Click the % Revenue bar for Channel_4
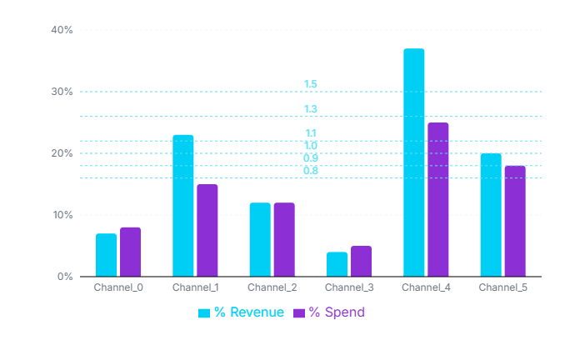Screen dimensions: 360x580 point(414,162)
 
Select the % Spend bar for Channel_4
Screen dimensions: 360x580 point(438,199)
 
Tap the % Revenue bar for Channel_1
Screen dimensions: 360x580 point(183,206)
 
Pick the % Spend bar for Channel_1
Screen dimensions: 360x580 point(207,230)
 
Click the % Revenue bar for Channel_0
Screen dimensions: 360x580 point(106,255)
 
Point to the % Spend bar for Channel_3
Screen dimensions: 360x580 point(361,261)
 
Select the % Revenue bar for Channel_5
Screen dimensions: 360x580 point(491,215)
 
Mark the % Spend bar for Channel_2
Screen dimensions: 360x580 point(284,239)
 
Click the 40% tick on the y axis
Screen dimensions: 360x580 point(62,30)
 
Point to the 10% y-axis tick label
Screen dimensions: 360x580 point(62,215)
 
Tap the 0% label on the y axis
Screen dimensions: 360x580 point(65,277)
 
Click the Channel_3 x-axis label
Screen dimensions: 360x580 point(350,287)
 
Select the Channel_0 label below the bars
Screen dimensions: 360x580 point(118,287)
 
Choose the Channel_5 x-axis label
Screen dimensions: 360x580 point(502,287)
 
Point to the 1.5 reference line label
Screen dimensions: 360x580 point(311,84)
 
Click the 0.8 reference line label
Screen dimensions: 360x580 point(311,171)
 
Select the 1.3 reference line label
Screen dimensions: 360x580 point(311,109)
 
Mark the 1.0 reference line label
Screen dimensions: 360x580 point(311,146)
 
